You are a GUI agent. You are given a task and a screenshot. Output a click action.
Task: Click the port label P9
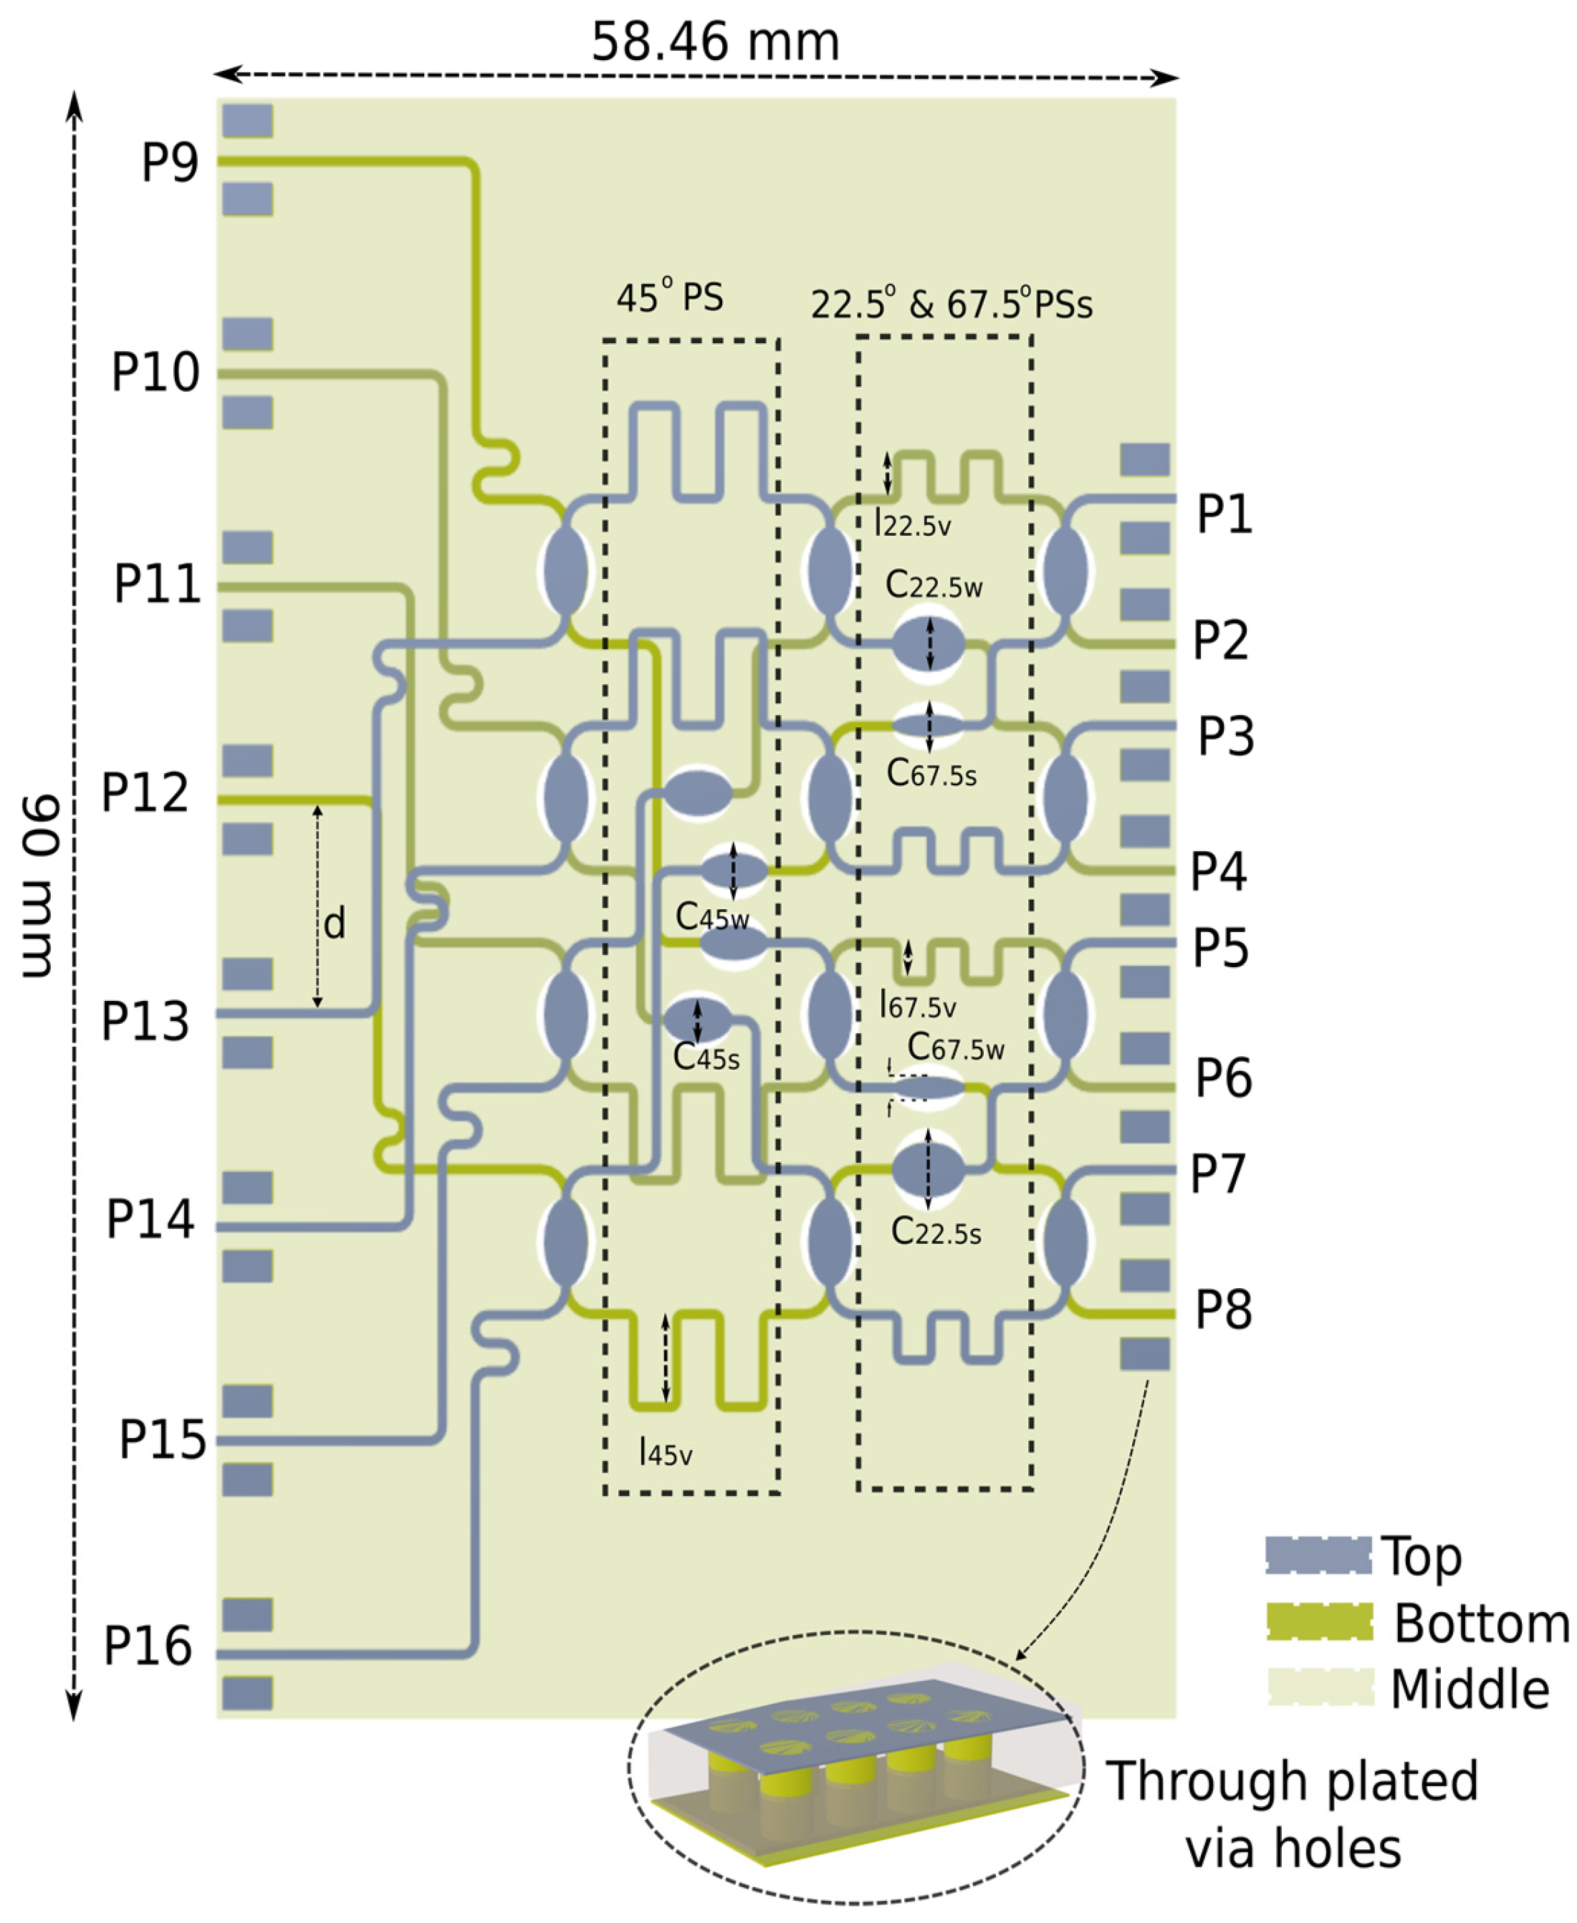click(170, 163)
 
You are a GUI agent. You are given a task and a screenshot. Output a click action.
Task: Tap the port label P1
click(1224, 514)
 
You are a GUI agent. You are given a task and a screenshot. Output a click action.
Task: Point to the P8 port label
click(1223, 1310)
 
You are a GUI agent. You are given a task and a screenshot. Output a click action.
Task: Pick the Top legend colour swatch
click(1318, 1556)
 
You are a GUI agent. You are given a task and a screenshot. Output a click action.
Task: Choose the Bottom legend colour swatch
click(1320, 1622)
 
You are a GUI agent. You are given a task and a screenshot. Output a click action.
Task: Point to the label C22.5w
click(933, 586)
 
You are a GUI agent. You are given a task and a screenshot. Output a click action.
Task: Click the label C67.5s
click(931, 774)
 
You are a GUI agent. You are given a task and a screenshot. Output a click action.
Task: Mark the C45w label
click(711, 919)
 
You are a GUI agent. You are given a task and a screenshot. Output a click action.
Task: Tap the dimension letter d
click(335, 925)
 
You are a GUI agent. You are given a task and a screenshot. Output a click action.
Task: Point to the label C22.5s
click(936, 1232)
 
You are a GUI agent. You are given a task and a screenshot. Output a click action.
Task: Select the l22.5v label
click(912, 524)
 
